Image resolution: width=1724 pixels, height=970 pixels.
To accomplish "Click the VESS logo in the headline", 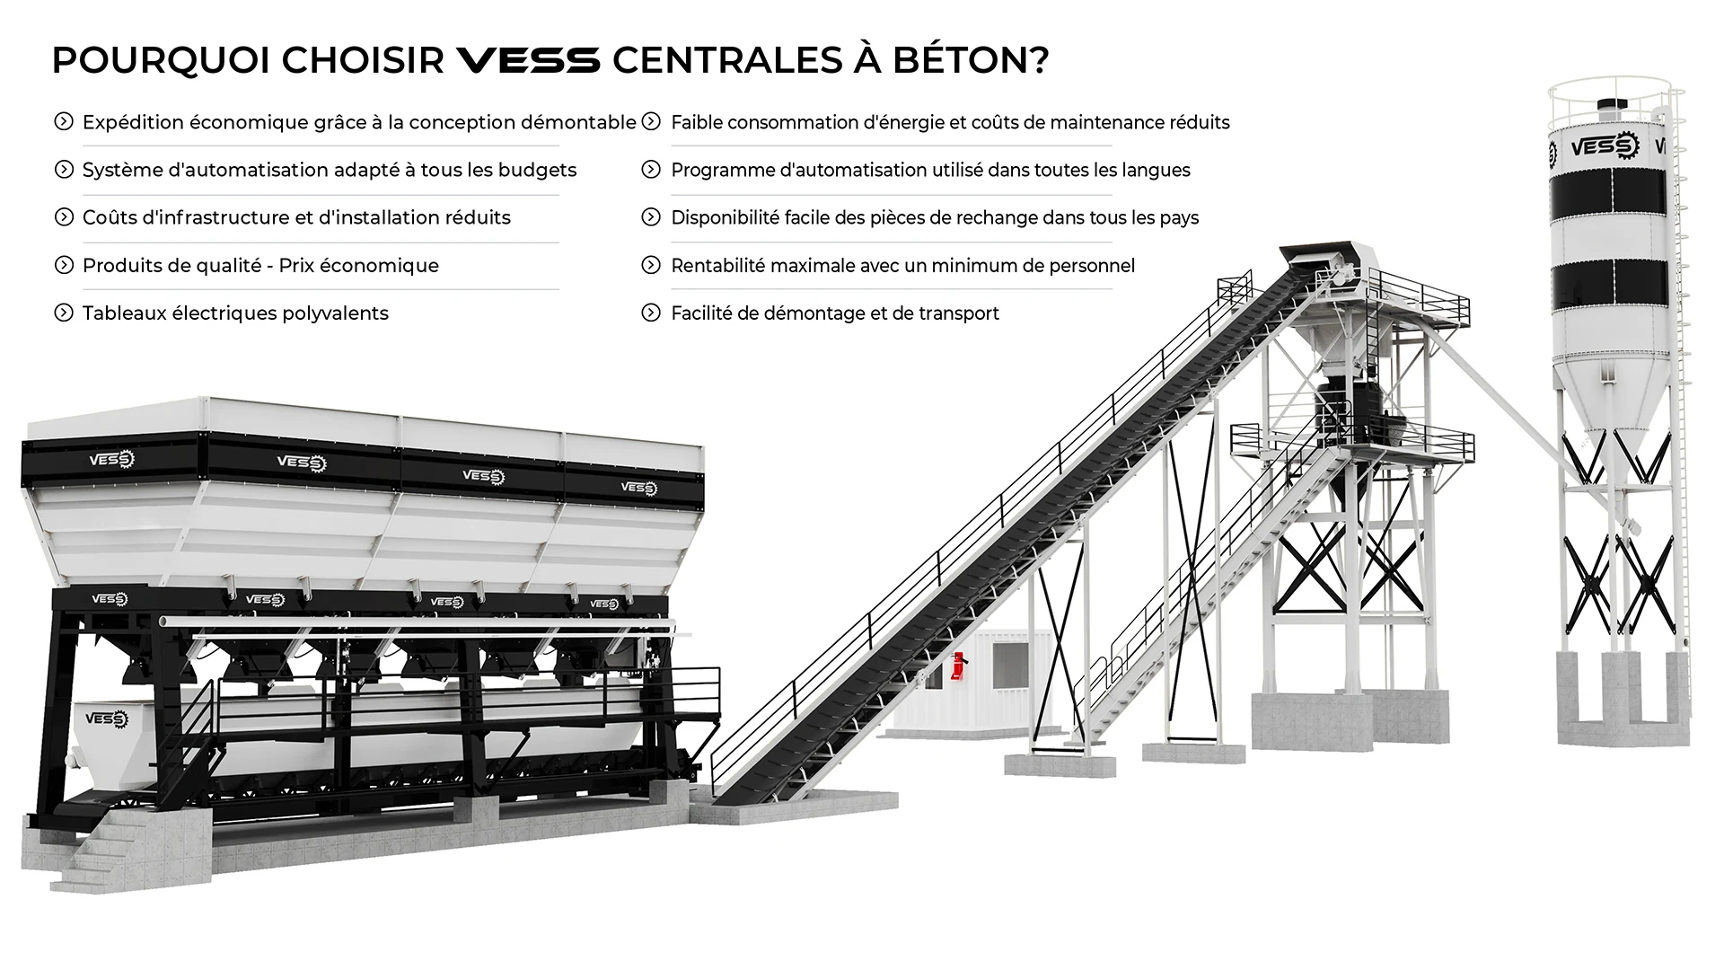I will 528,60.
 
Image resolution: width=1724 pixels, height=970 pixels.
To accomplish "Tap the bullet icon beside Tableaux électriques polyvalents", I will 64,313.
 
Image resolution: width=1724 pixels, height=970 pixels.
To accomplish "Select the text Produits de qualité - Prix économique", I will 260,266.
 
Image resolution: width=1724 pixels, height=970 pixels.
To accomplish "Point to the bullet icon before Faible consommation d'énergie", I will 651,121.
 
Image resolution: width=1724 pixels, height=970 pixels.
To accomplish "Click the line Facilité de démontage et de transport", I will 834,313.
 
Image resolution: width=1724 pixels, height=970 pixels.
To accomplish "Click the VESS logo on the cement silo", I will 1604,145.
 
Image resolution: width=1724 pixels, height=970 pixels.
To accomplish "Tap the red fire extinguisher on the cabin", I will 960,665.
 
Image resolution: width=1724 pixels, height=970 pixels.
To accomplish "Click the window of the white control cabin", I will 1009,666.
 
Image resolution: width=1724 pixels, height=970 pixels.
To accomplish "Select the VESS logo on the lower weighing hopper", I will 107,719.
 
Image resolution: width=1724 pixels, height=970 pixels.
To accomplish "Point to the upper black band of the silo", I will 1609,196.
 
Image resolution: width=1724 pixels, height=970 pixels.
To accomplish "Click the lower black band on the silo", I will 1609,282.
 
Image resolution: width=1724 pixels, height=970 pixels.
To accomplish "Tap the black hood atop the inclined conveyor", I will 1320,256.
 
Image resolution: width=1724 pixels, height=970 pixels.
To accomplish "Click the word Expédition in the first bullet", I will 133,122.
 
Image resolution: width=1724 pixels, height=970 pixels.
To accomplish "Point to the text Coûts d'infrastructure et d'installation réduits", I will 296,217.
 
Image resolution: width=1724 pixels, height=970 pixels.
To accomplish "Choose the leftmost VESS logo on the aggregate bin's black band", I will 111,460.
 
